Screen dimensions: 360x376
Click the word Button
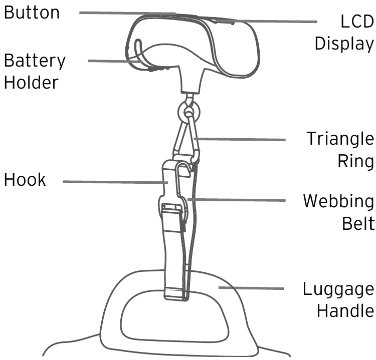[32, 12]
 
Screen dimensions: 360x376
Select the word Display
[344, 44]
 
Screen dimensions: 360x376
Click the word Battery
[35, 61]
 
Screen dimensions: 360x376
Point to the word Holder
[31, 82]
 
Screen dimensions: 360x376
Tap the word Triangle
[340, 139]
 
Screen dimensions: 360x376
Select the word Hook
[25, 180]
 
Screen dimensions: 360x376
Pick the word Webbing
[338, 202]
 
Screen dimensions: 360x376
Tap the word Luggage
[338, 289]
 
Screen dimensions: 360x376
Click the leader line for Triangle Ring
[241, 140]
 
